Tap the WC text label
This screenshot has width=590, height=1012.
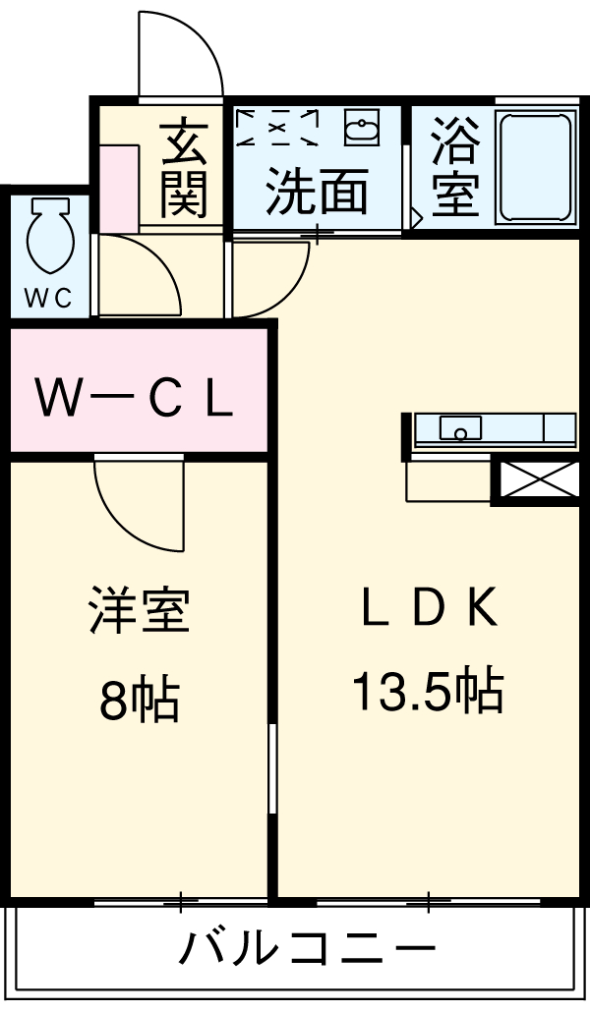coord(48,300)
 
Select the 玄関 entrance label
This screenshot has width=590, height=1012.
coord(185,167)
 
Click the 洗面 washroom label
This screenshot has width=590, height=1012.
coord(318,192)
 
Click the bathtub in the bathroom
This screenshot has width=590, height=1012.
coord(535,167)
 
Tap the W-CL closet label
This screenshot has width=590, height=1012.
coord(135,396)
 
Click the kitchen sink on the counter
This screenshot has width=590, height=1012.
coord(460,428)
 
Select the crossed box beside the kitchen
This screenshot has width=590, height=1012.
coord(535,481)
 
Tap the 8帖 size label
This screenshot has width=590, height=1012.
coord(138,700)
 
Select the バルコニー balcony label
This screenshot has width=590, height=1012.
coord(307,949)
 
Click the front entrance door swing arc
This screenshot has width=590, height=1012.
coord(182,54)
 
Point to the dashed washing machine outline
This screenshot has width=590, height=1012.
coord(280,126)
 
